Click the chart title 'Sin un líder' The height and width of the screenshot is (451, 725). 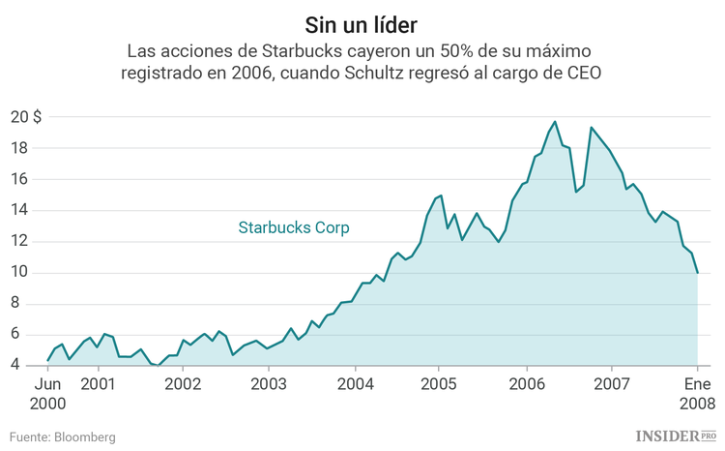362,21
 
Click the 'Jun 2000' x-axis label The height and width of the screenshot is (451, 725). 48,392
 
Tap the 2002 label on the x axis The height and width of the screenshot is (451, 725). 183,383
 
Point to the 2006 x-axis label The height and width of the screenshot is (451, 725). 527,383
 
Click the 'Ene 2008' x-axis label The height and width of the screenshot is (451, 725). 698,392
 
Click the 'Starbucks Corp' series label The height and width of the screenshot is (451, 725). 294,228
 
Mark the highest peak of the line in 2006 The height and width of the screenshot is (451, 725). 555,122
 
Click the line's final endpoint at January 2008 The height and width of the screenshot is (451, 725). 698,273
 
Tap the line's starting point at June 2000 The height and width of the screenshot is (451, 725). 48,361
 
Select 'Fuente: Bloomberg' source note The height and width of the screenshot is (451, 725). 63,437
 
